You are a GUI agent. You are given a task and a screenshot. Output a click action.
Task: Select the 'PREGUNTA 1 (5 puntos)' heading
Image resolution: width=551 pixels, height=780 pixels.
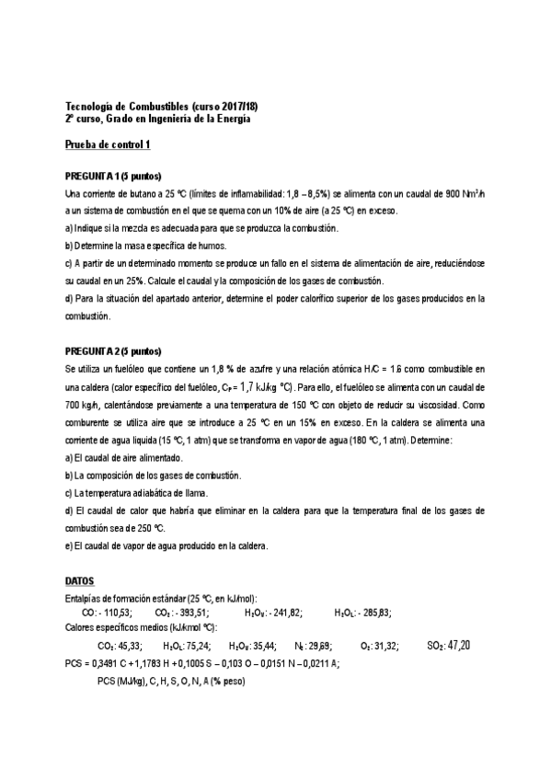point(114,176)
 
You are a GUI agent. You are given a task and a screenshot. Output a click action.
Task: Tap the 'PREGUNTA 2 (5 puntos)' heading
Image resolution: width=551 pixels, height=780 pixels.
point(114,352)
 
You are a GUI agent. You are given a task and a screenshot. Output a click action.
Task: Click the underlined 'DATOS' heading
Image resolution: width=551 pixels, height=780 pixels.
point(80,581)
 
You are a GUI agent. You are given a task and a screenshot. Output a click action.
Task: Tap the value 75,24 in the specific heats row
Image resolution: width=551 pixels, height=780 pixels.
point(196,647)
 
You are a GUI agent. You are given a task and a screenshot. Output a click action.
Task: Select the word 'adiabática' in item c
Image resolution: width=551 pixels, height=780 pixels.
point(150,493)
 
